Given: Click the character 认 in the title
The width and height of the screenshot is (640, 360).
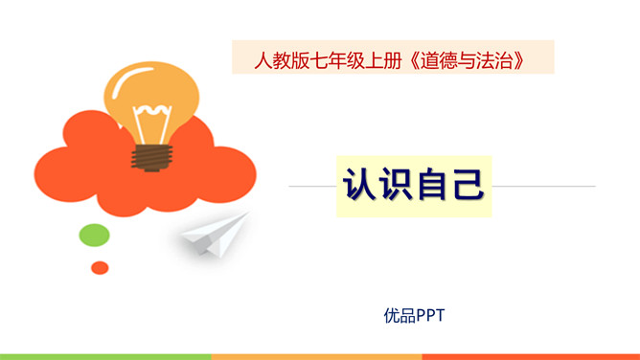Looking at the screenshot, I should (360, 185).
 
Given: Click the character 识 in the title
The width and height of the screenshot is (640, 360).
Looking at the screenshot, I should (395, 185).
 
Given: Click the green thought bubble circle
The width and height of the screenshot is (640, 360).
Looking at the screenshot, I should (94, 235).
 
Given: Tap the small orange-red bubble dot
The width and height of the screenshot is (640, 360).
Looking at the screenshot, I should (99, 267).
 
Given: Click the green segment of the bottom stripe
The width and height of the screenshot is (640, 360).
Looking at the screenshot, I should (105, 356).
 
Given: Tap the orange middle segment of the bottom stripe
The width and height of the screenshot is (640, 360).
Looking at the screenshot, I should (316, 356).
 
